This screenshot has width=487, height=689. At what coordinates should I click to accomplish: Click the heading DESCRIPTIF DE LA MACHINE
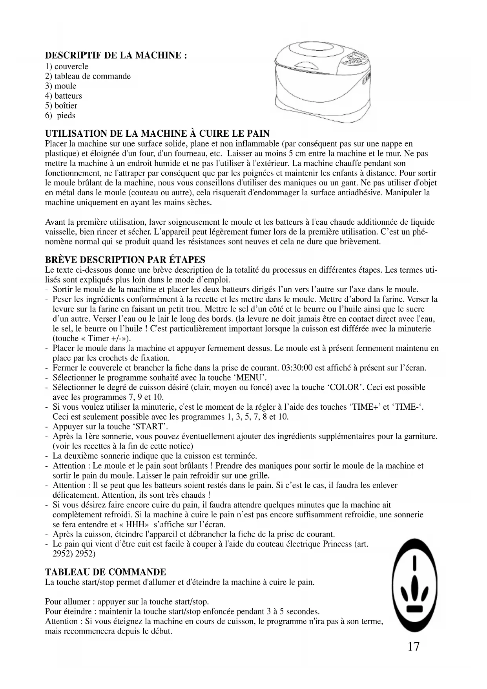[116, 55]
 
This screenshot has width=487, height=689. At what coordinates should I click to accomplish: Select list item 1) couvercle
[67, 66]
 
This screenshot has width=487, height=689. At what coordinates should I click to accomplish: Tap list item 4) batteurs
[64, 96]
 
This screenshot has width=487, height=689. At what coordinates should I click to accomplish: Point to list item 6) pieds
[60, 115]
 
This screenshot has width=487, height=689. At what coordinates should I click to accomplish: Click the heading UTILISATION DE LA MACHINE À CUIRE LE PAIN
[157, 134]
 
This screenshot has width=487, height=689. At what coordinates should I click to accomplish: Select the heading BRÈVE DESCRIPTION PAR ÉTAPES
[125, 260]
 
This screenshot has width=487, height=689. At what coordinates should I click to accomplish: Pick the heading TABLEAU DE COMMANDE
[106, 572]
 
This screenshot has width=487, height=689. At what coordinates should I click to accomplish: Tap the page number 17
[413, 647]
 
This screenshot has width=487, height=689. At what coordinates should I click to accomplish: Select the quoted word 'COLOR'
[344, 387]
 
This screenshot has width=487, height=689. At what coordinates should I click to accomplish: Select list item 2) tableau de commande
[88, 76]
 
